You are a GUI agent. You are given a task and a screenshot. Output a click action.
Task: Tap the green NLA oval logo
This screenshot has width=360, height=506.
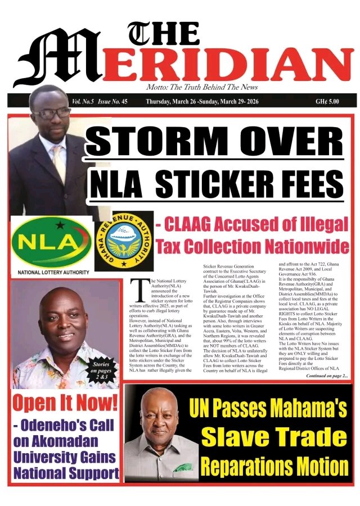coord(51,242)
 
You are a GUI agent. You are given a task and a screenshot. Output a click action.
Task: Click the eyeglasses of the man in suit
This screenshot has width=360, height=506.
coord(51,112)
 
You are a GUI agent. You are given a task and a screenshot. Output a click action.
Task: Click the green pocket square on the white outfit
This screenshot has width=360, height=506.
coord(180,466)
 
